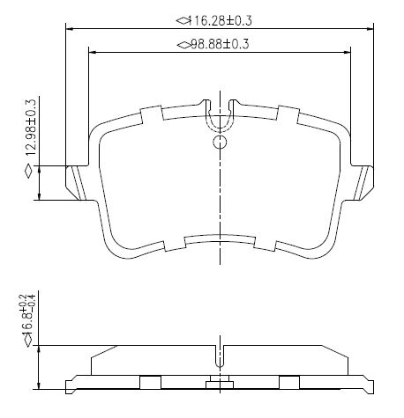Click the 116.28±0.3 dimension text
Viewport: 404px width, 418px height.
[x=220, y=21]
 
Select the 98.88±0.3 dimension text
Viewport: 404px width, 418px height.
[x=220, y=44]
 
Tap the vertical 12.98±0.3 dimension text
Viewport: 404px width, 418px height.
[x=31, y=128]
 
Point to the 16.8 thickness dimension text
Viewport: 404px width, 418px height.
[x=30, y=314]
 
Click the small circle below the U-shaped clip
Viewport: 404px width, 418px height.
[x=220, y=143]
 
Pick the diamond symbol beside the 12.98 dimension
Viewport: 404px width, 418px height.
[x=29, y=172]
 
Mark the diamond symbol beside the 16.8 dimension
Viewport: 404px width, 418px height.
[x=28, y=341]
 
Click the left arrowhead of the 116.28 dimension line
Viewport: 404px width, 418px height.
[x=70, y=29]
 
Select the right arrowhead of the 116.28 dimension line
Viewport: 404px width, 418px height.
[x=370, y=29]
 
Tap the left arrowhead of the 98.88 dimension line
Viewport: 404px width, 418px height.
[x=93, y=53]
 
